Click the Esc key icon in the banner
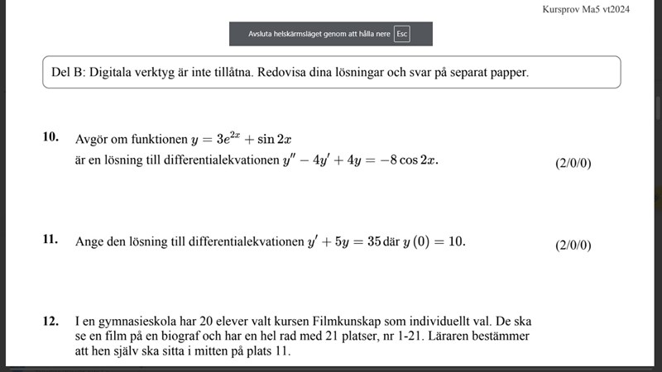pos(402,34)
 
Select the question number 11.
pos(50,240)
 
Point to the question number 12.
pos(50,318)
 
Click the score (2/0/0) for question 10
pos(573,163)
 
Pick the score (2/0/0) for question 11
pos(573,245)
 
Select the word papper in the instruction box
pos(507,72)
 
